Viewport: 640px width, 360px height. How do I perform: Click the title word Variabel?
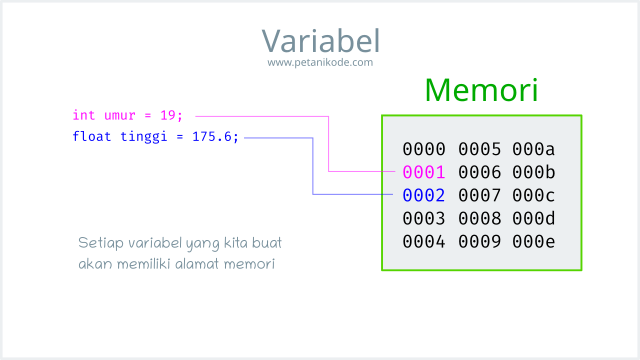coord(320,40)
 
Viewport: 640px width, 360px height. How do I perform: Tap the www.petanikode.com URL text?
coord(320,62)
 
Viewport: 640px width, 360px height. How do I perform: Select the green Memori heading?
coord(481,90)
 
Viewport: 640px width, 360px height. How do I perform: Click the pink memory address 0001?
coord(423,172)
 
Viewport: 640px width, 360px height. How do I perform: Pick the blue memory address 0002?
coord(423,195)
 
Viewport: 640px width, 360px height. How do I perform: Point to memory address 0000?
coord(423,149)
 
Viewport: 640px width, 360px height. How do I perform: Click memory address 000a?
coord(534,149)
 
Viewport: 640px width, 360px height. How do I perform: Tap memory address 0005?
coord(479,149)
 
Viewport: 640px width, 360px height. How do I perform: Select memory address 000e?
coord(534,241)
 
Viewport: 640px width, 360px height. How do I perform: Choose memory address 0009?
coord(479,241)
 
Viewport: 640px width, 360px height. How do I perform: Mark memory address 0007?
coord(479,195)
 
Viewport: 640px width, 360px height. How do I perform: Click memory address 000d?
coord(534,218)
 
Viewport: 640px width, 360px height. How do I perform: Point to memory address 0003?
coord(423,218)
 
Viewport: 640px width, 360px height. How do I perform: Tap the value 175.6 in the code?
coord(216,137)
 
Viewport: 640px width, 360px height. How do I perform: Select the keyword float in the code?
coord(90,137)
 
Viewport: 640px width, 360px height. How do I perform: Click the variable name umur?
coord(118,116)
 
